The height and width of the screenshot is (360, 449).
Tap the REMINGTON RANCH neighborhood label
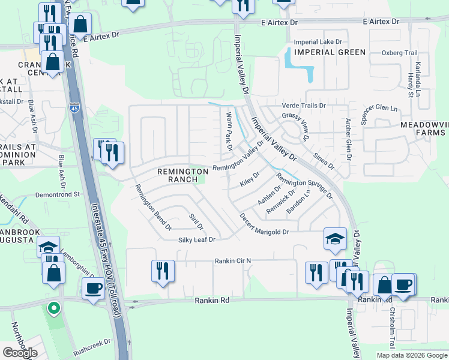(178, 175)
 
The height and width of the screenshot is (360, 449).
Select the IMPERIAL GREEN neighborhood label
(329, 52)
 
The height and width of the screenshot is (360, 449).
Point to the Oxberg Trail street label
(399, 53)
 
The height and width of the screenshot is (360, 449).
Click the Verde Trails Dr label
(304, 106)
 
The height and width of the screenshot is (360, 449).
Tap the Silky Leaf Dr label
(196, 239)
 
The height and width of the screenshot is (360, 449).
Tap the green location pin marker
(53, 308)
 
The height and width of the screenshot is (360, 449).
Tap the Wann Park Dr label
(229, 130)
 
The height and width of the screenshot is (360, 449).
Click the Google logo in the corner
(20, 352)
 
